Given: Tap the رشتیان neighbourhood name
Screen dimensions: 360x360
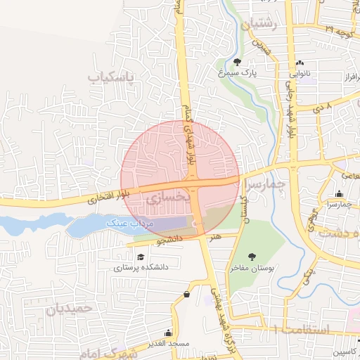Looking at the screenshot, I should click(260, 25).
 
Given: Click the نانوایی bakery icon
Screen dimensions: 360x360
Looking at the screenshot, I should click(300, 63).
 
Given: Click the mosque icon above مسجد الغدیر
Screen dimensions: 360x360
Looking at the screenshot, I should click(168, 333).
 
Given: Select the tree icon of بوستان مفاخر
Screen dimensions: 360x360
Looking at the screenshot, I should click(252, 257).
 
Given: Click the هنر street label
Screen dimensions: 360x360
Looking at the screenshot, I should click(214, 237).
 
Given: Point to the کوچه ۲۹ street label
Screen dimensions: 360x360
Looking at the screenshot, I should click(340, 31).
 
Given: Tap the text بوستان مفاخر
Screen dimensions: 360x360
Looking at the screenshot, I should click(252, 268).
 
